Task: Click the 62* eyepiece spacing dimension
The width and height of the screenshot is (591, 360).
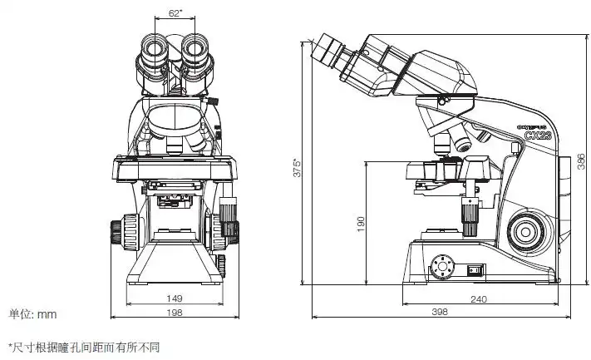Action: click(175, 12)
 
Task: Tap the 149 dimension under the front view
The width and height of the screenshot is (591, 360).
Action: click(175, 298)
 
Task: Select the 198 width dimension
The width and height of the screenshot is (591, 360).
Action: click(175, 313)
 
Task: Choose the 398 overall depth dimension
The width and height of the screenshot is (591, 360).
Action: click(440, 313)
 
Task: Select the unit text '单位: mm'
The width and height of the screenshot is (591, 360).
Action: click(32, 313)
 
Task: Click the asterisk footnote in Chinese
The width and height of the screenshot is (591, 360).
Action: click(83, 347)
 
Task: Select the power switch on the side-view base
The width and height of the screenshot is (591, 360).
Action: click(476, 269)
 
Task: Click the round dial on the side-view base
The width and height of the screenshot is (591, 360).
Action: click(442, 267)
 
